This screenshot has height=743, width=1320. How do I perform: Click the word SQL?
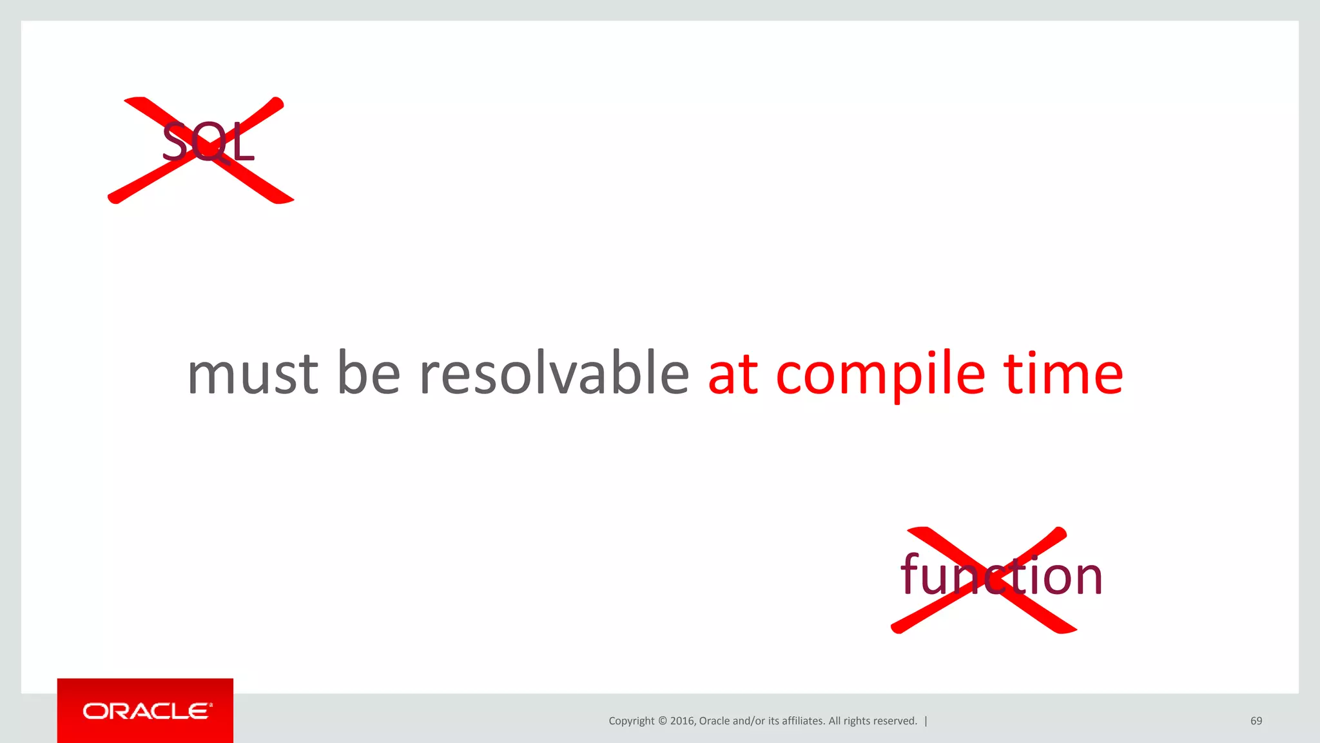tap(208, 142)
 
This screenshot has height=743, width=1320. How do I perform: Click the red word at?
tap(733, 375)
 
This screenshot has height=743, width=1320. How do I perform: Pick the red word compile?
tap(880, 375)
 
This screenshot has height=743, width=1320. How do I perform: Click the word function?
tap(1001, 575)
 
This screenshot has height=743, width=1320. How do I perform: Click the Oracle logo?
tap(146, 711)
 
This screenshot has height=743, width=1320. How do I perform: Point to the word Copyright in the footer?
tap(631, 721)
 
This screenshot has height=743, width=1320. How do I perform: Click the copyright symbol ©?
tap(662, 721)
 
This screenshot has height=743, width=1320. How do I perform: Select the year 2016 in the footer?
tap(683, 721)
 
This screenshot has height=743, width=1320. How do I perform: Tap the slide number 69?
tap(1256, 721)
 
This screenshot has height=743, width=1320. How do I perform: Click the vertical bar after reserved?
tap(926, 721)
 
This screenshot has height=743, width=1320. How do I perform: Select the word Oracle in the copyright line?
tap(714, 721)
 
